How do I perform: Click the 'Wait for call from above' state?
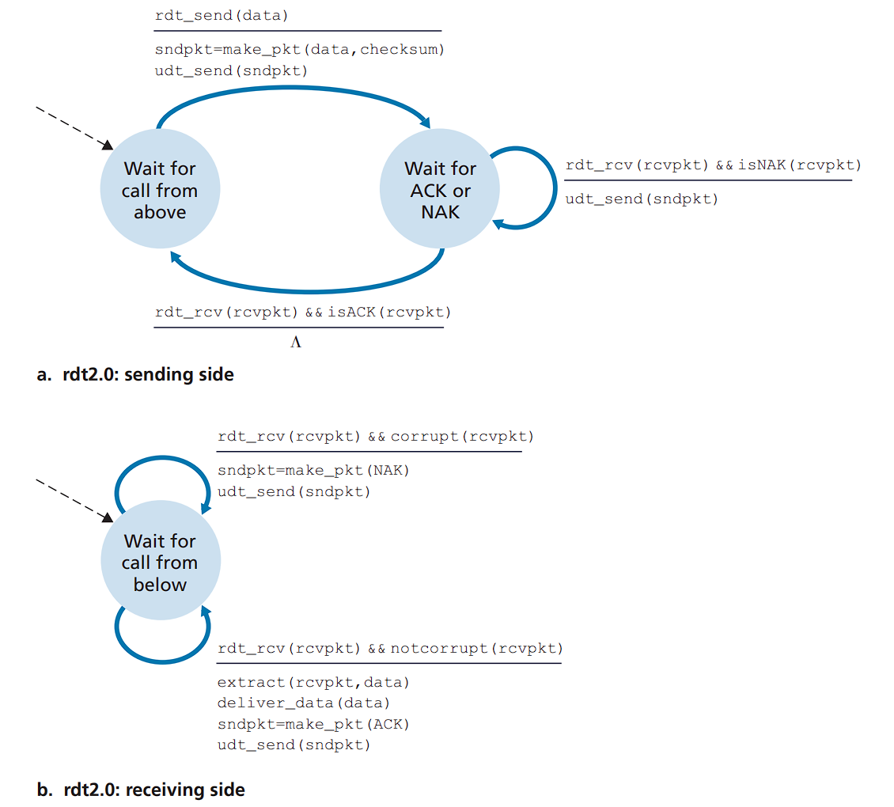(x=160, y=190)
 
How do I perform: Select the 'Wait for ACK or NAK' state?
(x=440, y=190)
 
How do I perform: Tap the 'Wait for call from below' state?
(x=160, y=562)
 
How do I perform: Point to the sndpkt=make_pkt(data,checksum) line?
(x=300, y=49)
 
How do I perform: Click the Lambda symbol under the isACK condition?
(x=295, y=343)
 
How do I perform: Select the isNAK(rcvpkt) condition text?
(x=799, y=165)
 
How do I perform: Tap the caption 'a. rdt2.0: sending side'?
(x=135, y=374)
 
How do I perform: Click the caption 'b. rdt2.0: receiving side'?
(x=141, y=789)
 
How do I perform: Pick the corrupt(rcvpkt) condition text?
(x=462, y=436)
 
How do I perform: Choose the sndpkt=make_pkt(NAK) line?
(x=313, y=470)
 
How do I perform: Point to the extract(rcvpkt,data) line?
(x=313, y=681)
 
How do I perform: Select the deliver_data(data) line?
(x=304, y=703)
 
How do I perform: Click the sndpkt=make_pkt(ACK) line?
(x=313, y=724)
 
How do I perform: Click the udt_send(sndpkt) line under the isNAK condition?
(x=642, y=199)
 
